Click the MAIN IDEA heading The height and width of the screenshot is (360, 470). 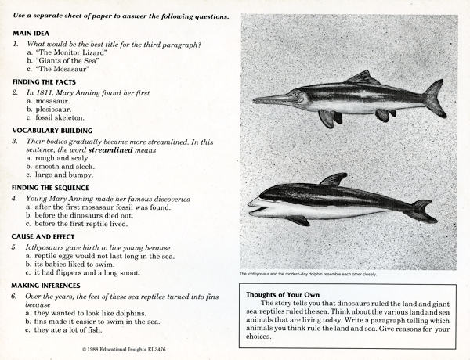[x=31, y=34]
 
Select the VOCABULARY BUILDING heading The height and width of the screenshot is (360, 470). [x=52, y=130]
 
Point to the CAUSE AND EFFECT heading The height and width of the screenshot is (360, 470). [x=46, y=236]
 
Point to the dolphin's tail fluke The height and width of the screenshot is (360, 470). [x=423, y=210]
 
